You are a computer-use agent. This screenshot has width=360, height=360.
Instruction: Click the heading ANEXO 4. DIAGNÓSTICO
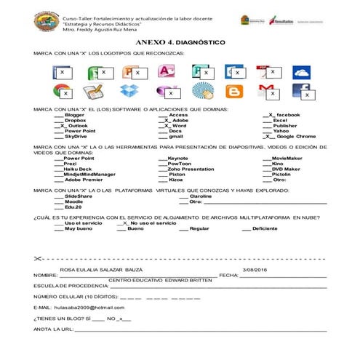[x=180, y=43]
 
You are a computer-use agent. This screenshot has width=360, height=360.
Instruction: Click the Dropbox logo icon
[x=129, y=91]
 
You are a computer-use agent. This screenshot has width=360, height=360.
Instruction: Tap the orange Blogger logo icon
[x=233, y=91]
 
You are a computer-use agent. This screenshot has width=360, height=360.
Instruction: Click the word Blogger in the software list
[x=74, y=115]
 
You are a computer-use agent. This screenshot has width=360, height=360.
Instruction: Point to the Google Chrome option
[x=295, y=136]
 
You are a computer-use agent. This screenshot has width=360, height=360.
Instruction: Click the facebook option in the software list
[x=288, y=115]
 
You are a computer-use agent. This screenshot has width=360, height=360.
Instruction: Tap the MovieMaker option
[x=287, y=158]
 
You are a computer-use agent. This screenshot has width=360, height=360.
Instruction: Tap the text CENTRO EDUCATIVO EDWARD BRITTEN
[x=154, y=279]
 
